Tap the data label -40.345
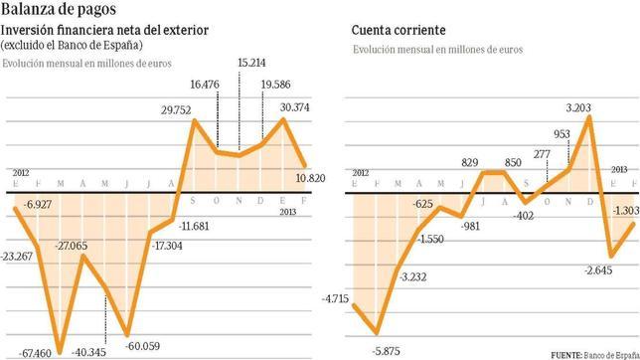pos(89,351)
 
